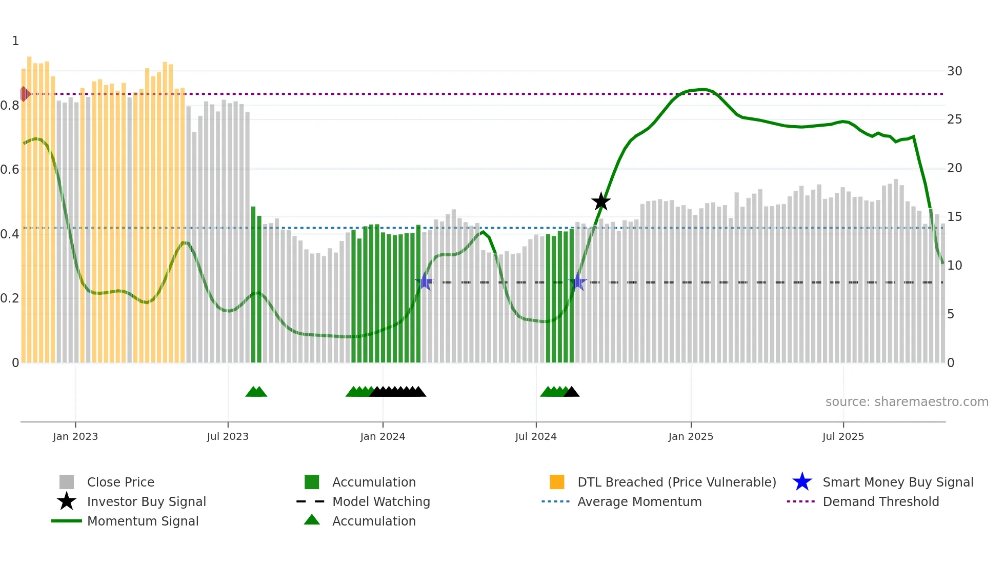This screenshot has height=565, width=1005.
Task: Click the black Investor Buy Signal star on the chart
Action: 601,201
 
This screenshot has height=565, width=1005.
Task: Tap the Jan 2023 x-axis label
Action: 75,436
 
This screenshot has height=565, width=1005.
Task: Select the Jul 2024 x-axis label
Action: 536,436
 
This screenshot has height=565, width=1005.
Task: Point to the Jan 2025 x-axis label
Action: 691,436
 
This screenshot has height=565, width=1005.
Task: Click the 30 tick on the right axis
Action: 954,71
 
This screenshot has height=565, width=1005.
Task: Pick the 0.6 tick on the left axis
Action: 10,170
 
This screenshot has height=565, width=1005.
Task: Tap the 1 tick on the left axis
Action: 15,41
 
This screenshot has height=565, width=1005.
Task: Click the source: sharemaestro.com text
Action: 907,402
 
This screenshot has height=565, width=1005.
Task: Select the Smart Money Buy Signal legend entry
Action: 897,482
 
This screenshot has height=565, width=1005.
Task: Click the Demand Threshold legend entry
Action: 880,501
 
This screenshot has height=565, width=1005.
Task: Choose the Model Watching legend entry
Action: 381,501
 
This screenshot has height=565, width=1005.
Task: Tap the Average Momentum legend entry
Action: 639,501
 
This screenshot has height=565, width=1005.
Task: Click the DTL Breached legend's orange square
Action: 557,482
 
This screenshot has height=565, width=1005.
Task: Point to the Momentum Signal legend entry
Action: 143,521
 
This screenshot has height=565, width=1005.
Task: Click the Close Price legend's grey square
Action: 67,482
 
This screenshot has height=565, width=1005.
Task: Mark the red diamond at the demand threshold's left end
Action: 25,94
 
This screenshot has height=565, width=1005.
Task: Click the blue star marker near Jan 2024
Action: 425,281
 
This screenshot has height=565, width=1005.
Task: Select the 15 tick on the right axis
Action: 954,217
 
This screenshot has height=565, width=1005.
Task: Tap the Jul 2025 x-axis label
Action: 843,436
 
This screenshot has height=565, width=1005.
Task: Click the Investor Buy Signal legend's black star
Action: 67,501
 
